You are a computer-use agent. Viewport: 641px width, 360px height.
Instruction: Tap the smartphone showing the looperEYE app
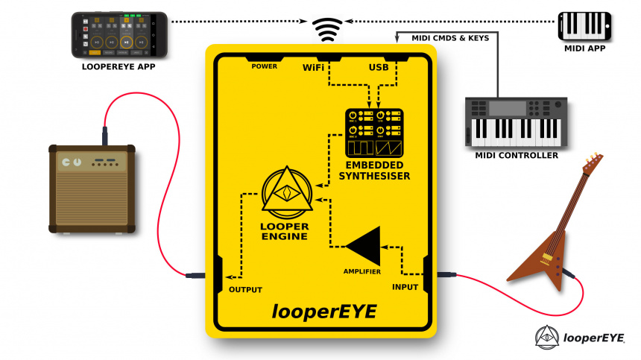pos(120,34)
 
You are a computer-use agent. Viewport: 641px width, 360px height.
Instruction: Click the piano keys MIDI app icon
pos(586,25)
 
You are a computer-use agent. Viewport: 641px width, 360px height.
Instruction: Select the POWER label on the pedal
pos(265,66)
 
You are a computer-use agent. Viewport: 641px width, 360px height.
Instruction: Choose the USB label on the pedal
pos(379,68)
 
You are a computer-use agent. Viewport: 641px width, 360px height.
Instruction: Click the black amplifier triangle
pos(365,245)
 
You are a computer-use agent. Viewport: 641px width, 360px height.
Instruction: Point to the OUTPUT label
pos(245,289)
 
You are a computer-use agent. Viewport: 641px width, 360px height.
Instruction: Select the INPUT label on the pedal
pos(405,286)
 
